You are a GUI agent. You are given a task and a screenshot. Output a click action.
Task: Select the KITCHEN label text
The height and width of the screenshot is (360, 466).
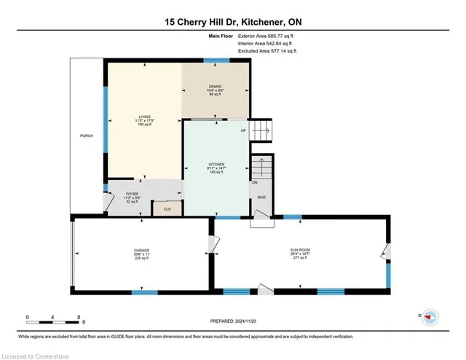[x=216, y=165]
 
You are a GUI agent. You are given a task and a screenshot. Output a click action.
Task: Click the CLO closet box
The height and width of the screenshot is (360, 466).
[x=167, y=209]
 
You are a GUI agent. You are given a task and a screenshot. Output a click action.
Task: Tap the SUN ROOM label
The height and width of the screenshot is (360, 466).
[x=299, y=250]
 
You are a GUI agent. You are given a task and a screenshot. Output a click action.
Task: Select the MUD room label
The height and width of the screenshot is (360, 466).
[x=261, y=197]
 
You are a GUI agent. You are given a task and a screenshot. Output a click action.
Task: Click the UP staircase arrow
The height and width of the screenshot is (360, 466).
[x=261, y=132]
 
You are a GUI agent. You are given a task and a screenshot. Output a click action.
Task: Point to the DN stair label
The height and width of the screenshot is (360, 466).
[x=254, y=182]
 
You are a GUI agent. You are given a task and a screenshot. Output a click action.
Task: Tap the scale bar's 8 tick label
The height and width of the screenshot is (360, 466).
[x=78, y=318]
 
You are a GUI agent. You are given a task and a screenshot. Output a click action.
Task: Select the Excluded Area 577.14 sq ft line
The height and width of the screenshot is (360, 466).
[x=268, y=52]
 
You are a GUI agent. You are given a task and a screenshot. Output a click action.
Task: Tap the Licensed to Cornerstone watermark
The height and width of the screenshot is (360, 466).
[x=36, y=354]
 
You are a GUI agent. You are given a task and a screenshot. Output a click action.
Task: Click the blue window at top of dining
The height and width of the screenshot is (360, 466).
[x=216, y=60]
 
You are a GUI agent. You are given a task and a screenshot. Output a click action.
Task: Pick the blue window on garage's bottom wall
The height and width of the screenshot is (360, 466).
[x=145, y=292]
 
